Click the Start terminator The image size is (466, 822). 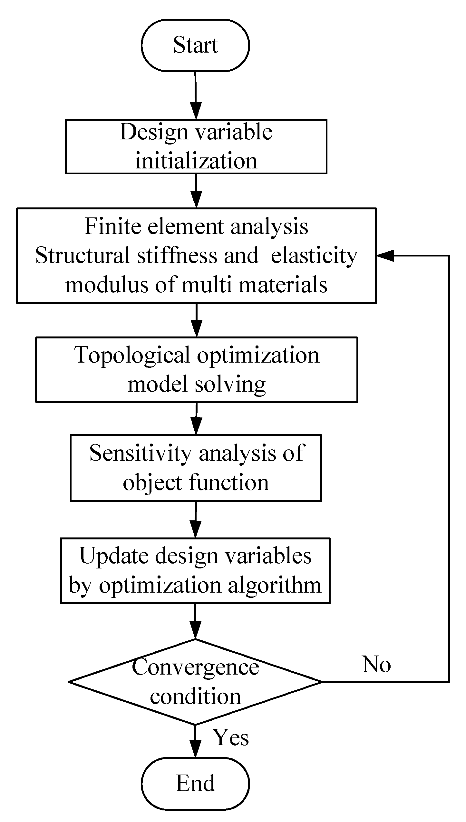point(195,45)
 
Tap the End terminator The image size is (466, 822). point(195,783)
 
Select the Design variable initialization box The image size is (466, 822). point(196,146)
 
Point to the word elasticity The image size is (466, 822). point(314,256)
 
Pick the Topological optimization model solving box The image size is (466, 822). point(196,370)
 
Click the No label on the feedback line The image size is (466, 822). point(376,665)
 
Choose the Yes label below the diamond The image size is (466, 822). point(231,737)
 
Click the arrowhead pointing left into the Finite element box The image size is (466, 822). point(385,256)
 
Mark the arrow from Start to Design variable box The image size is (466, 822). point(196,97)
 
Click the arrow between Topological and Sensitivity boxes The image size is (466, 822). point(196,419)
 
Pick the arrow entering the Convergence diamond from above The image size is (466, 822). point(195,623)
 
